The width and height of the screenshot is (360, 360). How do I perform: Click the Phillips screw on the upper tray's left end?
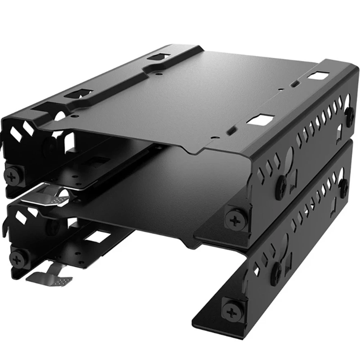click(13, 177)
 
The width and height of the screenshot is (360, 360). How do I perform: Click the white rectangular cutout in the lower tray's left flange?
click(95, 236)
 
